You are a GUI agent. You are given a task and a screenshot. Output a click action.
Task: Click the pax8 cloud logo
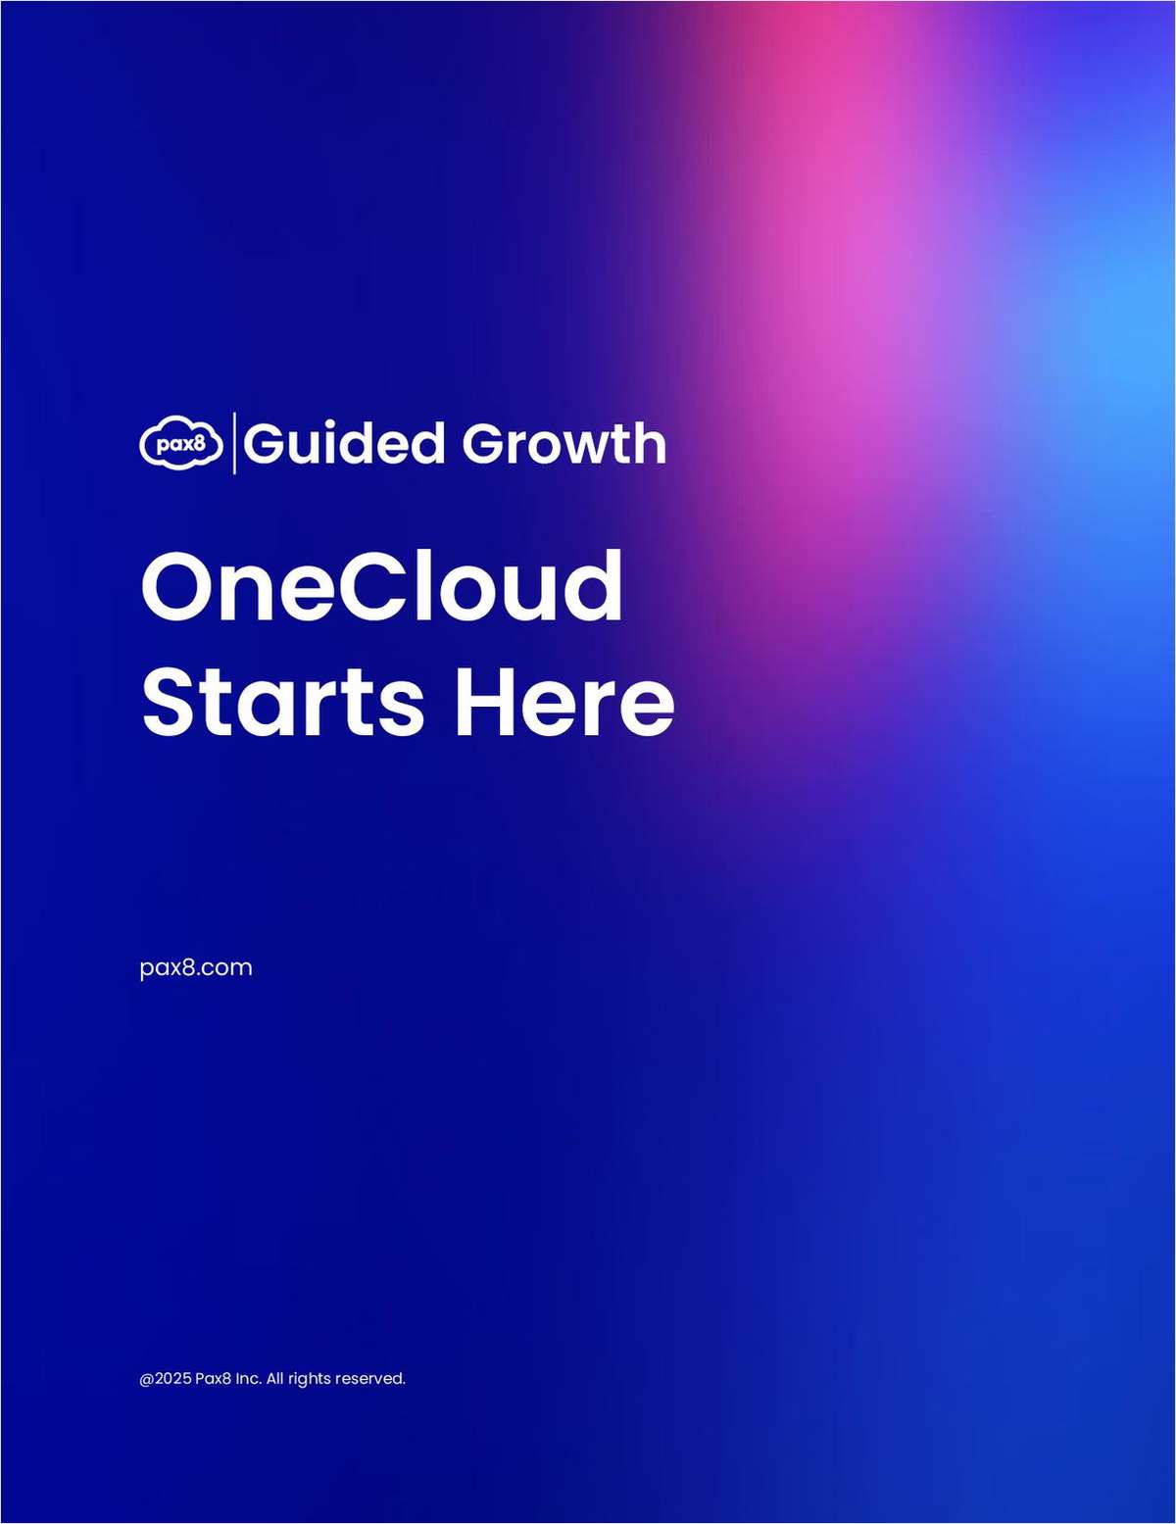181,444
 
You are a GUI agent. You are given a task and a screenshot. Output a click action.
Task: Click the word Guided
344,443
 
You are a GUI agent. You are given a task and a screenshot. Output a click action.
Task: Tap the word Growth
564,443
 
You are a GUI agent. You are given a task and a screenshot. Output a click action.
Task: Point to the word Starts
283,702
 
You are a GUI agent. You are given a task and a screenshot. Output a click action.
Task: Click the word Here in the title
564,702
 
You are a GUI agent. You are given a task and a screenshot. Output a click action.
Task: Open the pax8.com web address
196,967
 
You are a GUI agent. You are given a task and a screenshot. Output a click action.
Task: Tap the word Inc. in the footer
248,1379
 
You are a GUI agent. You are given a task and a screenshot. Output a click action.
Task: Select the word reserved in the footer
370,1379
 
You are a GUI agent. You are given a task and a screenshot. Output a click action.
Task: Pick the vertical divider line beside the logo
233,443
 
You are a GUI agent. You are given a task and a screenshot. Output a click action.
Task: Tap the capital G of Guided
264,443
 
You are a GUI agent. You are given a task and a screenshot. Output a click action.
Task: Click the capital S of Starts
170,702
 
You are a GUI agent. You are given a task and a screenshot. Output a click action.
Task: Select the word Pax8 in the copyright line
214,1379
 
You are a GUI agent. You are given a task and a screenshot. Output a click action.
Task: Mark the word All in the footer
274,1379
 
